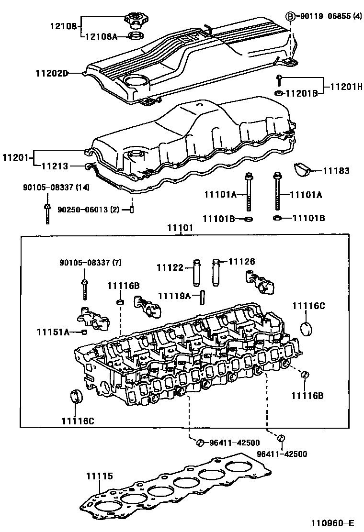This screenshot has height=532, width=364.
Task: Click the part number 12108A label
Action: click(101, 36)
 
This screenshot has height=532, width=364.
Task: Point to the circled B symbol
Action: click(291, 17)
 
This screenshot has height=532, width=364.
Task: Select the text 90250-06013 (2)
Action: click(89, 210)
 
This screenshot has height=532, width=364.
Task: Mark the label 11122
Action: click(170, 267)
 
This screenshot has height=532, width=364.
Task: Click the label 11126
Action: click(241, 262)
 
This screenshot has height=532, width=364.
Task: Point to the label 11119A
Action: click(174, 296)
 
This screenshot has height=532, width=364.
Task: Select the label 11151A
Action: click(53, 332)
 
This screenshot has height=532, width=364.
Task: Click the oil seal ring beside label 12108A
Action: click(136, 36)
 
